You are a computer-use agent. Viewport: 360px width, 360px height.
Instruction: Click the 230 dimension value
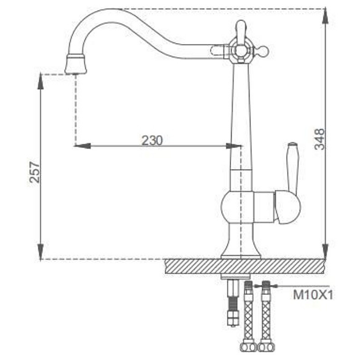pos(152,140)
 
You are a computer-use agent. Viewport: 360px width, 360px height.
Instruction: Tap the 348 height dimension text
pos(319,139)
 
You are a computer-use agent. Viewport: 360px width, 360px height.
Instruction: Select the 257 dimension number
pos(35,172)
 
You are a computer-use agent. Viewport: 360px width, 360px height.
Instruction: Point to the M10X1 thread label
pos(313,295)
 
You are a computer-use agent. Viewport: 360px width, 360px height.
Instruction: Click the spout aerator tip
pos(76,64)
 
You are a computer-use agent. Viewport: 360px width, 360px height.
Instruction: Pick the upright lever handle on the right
pos(293,167)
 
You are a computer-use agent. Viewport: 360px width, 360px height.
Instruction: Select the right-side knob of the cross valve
pos(262,50)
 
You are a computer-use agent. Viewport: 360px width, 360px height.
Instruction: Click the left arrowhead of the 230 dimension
pos(82,145)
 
